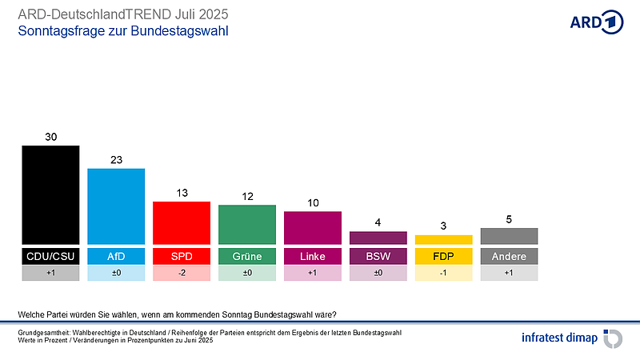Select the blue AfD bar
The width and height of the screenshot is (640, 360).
(116, 206)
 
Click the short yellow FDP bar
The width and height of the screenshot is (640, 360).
(444, 239)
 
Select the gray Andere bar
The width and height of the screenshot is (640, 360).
(510, 235)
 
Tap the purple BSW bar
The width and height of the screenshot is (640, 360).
(378, 237)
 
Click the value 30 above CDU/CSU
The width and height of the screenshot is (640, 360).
(50, 137)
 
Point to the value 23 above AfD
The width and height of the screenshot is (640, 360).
(116, 160)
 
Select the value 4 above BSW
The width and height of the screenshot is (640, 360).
(378, 222)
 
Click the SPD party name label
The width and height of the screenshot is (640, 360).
(182, 256)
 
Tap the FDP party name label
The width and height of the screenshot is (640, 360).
(444, 256)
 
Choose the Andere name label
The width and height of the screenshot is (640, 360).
(510, 256)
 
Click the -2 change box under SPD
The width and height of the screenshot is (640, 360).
(182, 273)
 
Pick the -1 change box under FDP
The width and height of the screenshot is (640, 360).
(444, 273)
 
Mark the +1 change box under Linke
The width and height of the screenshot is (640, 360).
(313, 273)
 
